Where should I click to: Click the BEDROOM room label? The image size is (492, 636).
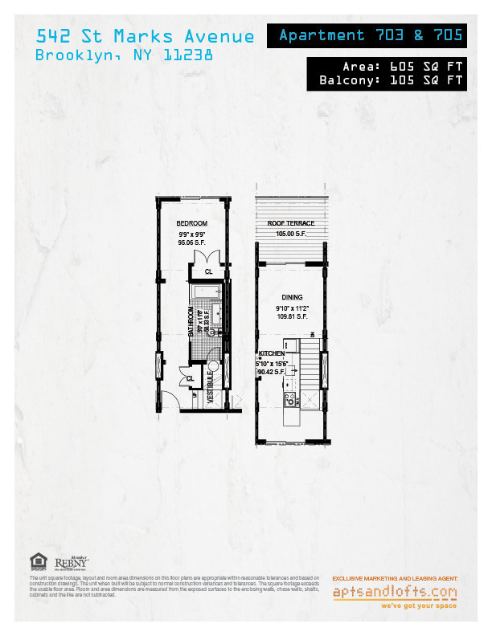(193, 223)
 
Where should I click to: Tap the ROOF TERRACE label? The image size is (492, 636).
(291, 223)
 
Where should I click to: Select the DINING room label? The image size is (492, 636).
(291, 297)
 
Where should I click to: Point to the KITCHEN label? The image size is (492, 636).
(271, 354)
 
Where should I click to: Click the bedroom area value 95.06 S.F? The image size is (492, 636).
(193, 242)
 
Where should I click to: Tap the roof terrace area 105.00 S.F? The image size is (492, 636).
(291, 234)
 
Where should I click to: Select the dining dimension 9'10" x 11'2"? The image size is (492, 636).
(291, 308)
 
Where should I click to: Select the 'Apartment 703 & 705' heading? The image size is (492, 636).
(371, 35)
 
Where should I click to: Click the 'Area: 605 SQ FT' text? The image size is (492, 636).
(391, 67)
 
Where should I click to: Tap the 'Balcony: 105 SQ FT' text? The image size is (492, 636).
(391, 80)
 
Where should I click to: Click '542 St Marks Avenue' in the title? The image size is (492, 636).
(146, 36)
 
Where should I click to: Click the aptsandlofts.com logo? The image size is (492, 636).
(395, 593)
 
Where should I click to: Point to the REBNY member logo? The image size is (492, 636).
(72, 565)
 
